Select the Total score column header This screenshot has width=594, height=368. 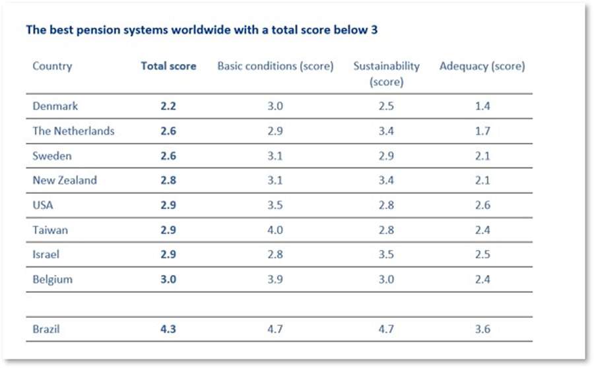click(168, 67)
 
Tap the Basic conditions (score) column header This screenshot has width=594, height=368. click(275, 67)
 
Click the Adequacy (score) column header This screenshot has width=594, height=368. click(482, 67)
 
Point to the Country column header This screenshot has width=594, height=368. click(52, 67)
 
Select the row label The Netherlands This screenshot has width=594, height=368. click(73, 131)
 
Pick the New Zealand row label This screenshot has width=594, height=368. click(65, 180)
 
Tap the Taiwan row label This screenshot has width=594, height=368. click(49, 230)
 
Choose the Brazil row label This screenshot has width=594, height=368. click(46, 328)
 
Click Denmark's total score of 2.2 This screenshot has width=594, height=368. click(168, 106)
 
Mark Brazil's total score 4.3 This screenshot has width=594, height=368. click(168, 328)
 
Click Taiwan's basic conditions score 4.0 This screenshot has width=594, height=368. click(275, 230)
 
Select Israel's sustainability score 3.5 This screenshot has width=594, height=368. click(386, 255)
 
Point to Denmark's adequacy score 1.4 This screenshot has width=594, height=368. click(482, 106)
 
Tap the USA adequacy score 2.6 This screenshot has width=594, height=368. click(482, 205)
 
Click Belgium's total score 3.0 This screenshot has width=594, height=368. click(168, 279)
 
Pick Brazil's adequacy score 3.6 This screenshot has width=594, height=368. click(482, 328)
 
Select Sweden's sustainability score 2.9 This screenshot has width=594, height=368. click(386, 156)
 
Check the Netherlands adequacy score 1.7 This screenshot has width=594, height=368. click(482, 131)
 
